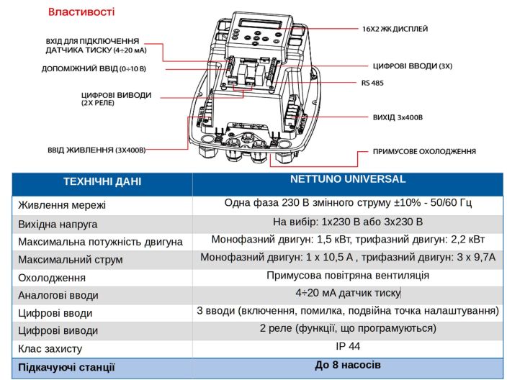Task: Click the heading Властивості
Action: coord(81,12)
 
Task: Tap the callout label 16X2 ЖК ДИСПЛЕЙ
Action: coord(395,30)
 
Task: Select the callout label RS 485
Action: coord(372,83)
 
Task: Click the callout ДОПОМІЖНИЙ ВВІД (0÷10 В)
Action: coord(94,69)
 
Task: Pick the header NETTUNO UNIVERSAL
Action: coord(348,179)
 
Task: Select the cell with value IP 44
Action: coord(348,347)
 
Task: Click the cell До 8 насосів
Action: coord(348,365)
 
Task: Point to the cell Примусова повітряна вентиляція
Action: coord(348,276)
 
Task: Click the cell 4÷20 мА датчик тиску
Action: coord(348,293)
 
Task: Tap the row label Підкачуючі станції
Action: coord(66,367)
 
